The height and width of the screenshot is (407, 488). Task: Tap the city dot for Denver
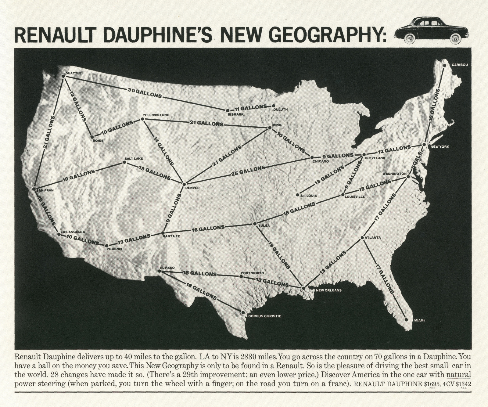(184, 184)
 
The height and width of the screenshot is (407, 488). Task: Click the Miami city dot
(406, 319)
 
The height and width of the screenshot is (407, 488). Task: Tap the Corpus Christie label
(264, 316)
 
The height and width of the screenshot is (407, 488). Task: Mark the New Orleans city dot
(303, 288)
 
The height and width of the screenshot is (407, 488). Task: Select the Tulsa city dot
(255, 224)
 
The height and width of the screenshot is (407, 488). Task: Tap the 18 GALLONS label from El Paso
(200, 291)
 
